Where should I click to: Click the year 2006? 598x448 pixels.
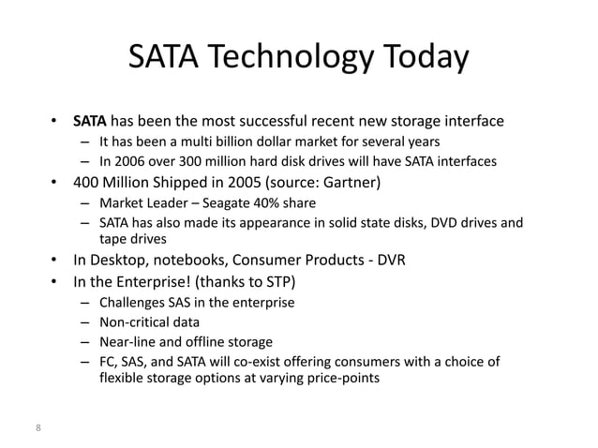127,162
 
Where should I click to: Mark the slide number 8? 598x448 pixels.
37,428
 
